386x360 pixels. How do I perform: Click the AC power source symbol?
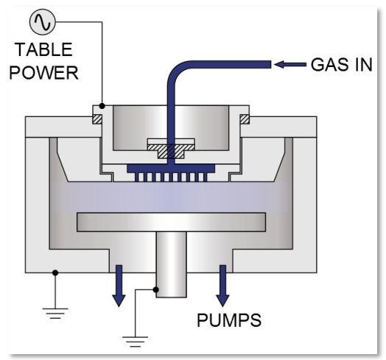pyautogui.click(x=43, y=22)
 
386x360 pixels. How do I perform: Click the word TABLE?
pyautogui.click(x=43, y=50)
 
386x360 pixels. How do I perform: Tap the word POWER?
pyautogui.click(x=43, y=73)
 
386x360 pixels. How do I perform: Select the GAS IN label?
pyautogui.click(x=342, y=65)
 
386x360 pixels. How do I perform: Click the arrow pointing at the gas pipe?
pyautogui.click(x=290, y=65)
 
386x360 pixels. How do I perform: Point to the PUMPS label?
pyautogui.click(x=229, y=320)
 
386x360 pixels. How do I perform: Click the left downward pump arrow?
pyautogui.click(x=119, y=286)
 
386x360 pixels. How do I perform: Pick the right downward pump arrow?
pyautogui.click(x=222, y=286)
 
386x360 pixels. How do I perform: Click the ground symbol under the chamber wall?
pyautogui.click(x=55, y=313)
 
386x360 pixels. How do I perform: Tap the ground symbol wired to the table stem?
pyautogui.click(x=135, y=342)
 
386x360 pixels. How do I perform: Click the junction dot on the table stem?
pyautogui.click(x=155, y=289)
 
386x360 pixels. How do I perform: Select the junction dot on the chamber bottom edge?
pyautogui.click(x=55, y=272)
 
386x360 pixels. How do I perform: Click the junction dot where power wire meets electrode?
pyautogui.click(x=102, y=106)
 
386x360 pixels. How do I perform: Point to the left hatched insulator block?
pyautogui.click(x=97, y=119)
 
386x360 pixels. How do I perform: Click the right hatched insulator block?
pyautogui.click(x=245, y=119)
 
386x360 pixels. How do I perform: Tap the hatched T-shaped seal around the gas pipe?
pyautogui.click(x=171, y=151)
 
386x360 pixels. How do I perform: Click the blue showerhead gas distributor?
pyautogui.click(x=171, y=173)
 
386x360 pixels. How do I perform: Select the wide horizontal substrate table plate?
pyautogui.click(x=171, y=222)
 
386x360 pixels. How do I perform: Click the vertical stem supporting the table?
pyautogui.click(x=172, y=264)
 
